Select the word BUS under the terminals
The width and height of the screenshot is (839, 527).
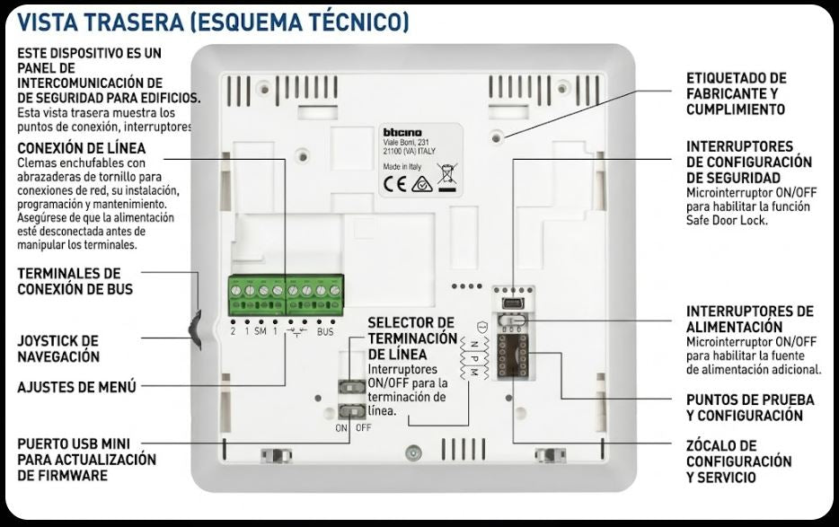click(325, 332)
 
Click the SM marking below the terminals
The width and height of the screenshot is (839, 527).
click(260, 332)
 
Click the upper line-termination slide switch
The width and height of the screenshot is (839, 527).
click(351, 386)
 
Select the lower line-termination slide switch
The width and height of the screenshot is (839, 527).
click(351, 411)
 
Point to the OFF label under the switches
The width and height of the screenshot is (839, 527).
click(363, 428)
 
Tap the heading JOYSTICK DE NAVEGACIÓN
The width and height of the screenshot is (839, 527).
click(58, 348)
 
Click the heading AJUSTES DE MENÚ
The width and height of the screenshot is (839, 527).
click(77, 387)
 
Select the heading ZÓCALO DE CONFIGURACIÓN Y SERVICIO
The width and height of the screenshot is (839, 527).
click(738, 461)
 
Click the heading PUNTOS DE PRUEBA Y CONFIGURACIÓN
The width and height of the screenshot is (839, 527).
click(750, 408)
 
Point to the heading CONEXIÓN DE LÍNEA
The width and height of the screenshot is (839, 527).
click(81, 148)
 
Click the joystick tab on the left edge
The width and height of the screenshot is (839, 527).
click(195, 329)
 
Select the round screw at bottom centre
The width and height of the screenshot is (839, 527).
click(412, 453)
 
